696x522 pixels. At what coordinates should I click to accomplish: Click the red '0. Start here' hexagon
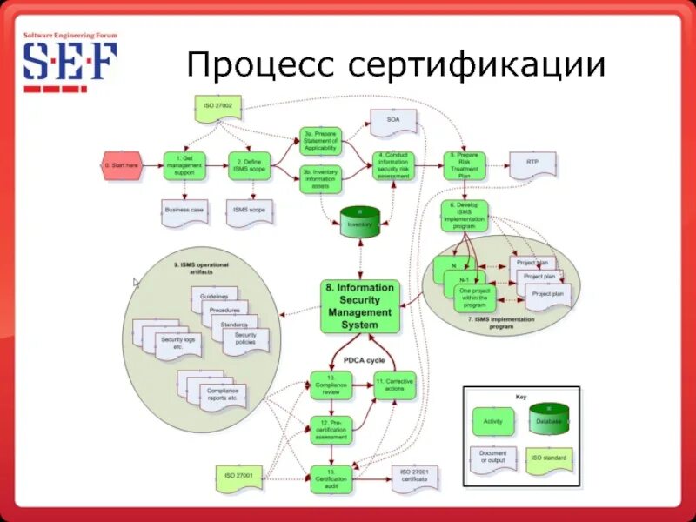pyautogui.click(x=121, y=165)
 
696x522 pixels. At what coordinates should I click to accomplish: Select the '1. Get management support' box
pyautogui.click(x=184, y=165)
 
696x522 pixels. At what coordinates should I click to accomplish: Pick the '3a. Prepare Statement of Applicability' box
pyautogui.click(x=321, y=140)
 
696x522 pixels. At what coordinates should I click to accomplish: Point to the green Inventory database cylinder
pyautogui.click(x=360, y=223)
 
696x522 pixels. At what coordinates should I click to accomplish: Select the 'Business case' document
pyautogui.click(x=184, y=211)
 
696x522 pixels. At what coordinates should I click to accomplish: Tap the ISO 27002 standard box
pyautogui.click(x=214, y=108)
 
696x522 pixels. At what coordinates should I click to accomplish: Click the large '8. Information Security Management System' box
pyautogui.click(x=360, y=306)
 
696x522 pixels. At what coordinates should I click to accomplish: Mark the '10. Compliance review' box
pyautogui.click(x=331, y=385)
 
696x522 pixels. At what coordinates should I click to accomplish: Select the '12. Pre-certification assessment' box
pyautogui.click(x=331, y=429)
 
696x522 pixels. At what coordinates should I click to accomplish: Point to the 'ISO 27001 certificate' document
pyautogui.click(x=415, y=475)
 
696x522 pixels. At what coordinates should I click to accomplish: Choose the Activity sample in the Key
pyautogui.click(x=492, y=423)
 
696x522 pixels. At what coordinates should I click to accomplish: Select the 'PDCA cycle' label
pyautogui.click(x=364, y=360)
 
